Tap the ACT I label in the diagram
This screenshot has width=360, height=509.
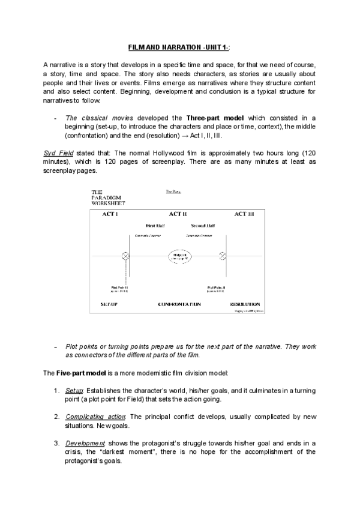click(110, 213)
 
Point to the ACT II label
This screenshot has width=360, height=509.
click(178, 213)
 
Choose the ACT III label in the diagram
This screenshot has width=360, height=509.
click(245, 213)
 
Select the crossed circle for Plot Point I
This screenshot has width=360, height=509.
click(125, 256)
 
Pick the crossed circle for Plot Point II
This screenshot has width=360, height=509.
click(223, 256)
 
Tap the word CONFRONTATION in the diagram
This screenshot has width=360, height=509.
click(179, 304)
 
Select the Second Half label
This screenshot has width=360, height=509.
click(202, 226)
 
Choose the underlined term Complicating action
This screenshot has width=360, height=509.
click(95, 416)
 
